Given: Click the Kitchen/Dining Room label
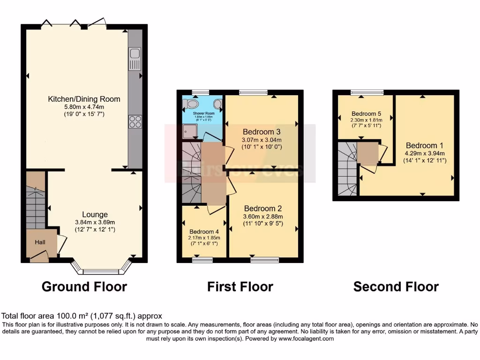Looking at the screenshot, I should click(x=84, y=99).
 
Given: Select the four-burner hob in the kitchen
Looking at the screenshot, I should click(x=135, y=121).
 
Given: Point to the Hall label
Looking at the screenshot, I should click(x=40, y=242).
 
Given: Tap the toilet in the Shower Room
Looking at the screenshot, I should click(x=192, y=104).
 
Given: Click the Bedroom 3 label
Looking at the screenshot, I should click(x=262, y=131).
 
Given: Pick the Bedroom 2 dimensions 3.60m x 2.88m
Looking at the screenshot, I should click(x=263, y=217).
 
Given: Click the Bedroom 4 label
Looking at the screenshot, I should click(x=203, y=231).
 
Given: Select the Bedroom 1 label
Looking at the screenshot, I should click(x=425, y=145).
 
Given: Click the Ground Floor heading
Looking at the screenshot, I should click(x=84, y=286).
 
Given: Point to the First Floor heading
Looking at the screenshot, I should click(x=240, y=286).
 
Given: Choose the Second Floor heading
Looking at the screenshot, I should click(x=396, y=286).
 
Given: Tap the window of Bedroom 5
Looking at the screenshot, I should click(x=367, y=92).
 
